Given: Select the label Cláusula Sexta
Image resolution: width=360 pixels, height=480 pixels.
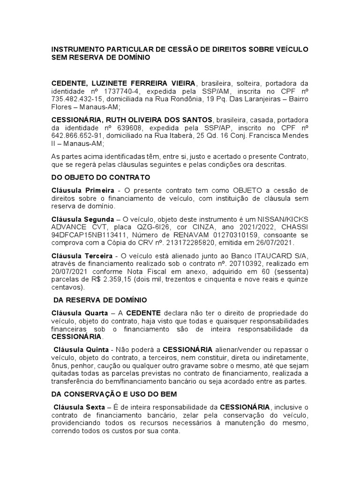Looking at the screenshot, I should (79, 407).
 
